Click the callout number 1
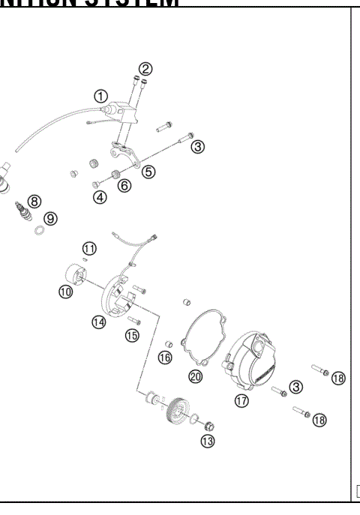(x=100, y=96)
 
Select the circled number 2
(x=145, y=68)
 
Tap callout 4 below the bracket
(x=100, y=198)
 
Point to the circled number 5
(x=148, y=172)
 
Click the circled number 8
(x=35, y=200)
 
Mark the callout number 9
(x=49, y=218)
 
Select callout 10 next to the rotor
(x=66, y=292)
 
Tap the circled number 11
(x=89, y=248)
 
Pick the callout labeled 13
(x=207, y=441)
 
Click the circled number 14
(x=99, y=322)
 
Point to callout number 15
(x=132, y=335)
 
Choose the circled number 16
(x=165, y=358)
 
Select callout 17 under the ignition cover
(x=241, y=401)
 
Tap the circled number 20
(x=195, y=376)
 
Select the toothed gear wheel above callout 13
(x=177, y=408)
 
